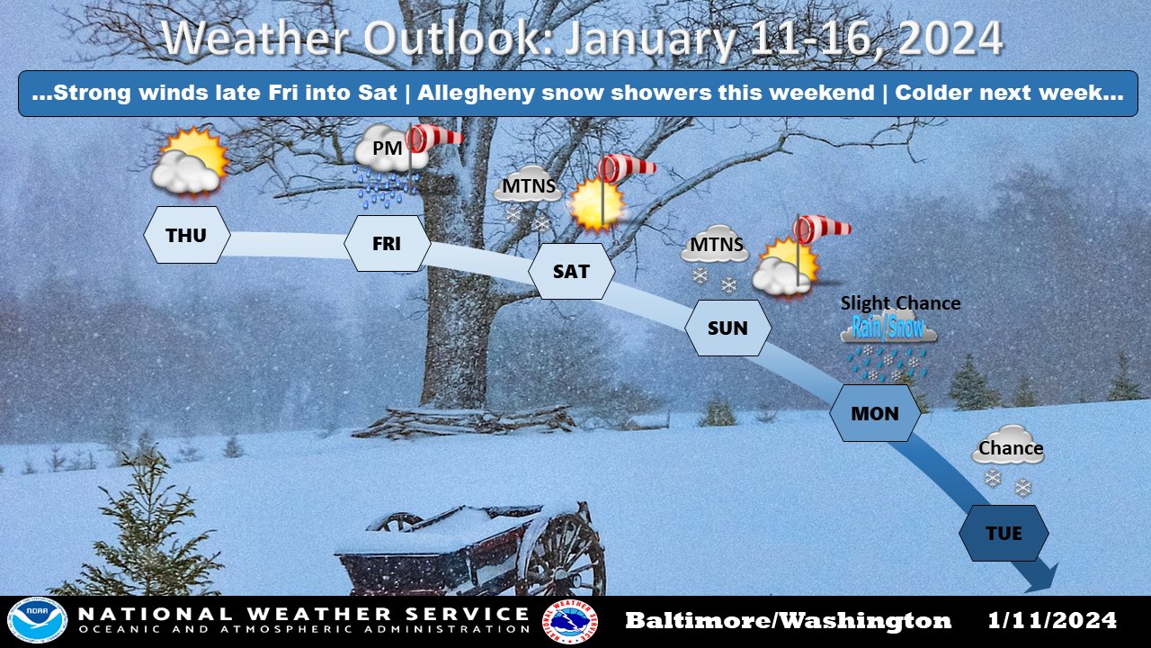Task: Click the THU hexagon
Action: click(x=187, y=235)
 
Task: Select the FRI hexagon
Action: click(x=387, y=243)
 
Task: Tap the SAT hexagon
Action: click(x=571, y=271)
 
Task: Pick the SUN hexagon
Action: click(x=727, y=328)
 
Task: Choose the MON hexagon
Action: click(x=875, y=413)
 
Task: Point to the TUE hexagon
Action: click(x=1004, y=533)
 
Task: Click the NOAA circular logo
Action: click(x=37, y=622)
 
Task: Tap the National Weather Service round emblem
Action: click(x=570, y=622)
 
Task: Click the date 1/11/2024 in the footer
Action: click(x=1052, y=620)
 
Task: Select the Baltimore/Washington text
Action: click(x=788, y=620)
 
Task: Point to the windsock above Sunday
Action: click(x=821, y=229)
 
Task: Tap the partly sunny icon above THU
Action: click(x=190, y=161)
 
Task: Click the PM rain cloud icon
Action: click(x=387, y=165)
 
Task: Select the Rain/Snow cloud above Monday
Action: click(x=888, y=345)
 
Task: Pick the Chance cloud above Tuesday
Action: click(x=1008, y=459)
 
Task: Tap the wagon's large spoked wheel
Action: click(x=561, y=554)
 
